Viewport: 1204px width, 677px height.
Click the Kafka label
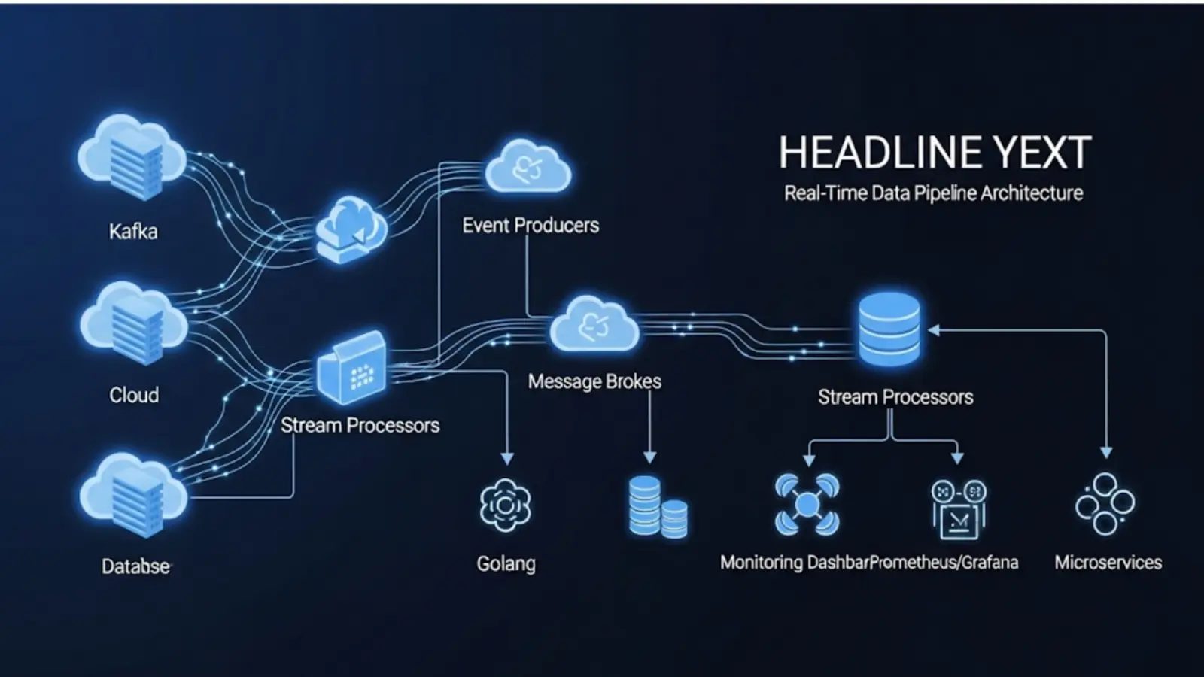[133, 232]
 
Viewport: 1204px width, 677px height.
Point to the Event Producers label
[531, 225]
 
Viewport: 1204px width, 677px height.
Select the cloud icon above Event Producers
[528, 166]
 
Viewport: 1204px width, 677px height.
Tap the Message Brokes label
[594, 381]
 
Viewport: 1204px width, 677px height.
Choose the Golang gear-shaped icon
[505, 505]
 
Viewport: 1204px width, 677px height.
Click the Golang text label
[506, 563]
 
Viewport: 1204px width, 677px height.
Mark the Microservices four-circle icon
[1105, 504]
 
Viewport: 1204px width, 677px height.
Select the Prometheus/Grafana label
[944, 563]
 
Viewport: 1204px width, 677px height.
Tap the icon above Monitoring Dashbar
[807, 504]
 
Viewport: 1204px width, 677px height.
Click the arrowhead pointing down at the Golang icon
[507, 458]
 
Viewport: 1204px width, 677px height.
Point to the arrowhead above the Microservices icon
[1106, 453]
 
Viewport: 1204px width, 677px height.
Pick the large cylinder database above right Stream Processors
[889, 329]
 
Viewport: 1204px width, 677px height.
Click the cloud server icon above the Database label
[133, 494]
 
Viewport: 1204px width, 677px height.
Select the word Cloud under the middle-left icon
[134, 396]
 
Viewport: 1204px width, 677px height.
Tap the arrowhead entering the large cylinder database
[934, 330]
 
